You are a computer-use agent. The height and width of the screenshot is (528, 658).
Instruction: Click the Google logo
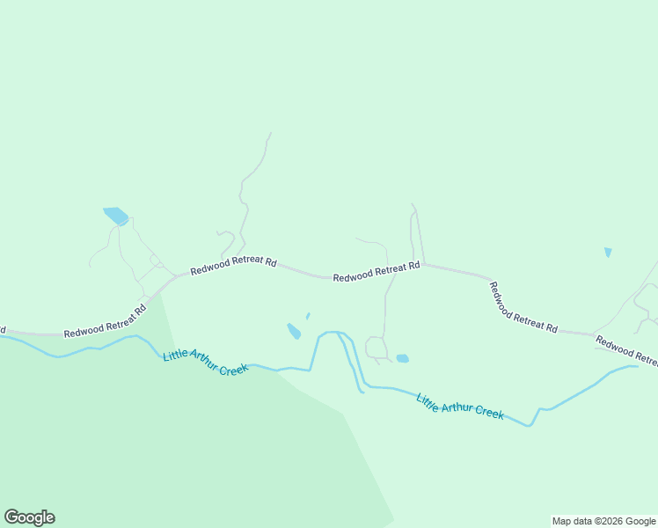point(29,517)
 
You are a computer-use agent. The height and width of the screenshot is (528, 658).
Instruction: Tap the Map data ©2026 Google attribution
point(604,521)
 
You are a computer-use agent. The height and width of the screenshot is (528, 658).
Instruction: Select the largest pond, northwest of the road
point(116,216)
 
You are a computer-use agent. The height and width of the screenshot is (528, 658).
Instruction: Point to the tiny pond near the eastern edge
point(608,253)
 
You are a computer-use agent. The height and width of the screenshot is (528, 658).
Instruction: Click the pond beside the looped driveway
point(403,358)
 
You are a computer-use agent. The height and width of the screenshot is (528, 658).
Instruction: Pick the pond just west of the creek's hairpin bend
point(294,331)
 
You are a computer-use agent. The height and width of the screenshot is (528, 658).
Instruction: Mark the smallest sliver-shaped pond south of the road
point(308,316)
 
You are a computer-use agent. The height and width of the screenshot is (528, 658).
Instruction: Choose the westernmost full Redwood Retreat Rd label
point(105,322)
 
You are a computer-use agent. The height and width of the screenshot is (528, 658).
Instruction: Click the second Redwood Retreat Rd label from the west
point(234,265)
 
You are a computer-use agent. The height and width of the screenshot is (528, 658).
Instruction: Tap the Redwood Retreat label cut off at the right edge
point(626,350)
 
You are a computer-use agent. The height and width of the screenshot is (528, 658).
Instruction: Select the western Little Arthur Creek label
point(206,363)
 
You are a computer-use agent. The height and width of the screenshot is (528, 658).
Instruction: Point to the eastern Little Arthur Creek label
point(460,407)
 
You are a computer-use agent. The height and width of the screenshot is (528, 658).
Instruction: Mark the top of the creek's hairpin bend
point(329,333)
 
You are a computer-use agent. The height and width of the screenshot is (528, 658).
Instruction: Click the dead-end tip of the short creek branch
point(362,392)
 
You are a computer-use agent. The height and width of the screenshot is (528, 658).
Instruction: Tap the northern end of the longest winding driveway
point(270,134)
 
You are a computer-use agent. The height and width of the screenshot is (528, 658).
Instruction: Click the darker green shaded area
point(176,440)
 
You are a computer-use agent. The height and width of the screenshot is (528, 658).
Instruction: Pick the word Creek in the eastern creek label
point(487,412)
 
